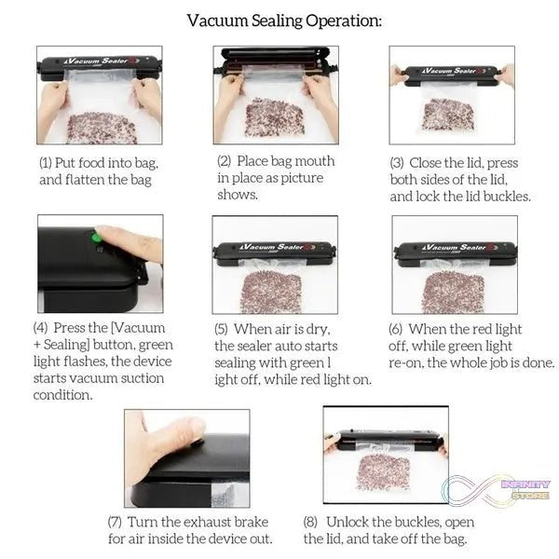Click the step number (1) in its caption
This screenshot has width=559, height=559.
tap(45, 163)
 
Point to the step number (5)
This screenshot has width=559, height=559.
tap(221, 329)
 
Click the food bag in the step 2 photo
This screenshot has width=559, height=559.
tap(274, 117)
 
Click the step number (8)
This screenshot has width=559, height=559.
tap(311, 522)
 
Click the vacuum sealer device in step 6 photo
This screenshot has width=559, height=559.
tap(454, 249)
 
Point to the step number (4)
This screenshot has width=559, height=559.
tap(40, 328)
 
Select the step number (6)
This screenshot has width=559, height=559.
tap(396, 329)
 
